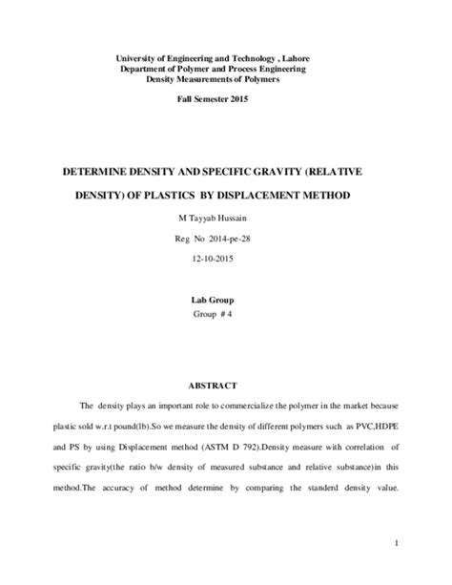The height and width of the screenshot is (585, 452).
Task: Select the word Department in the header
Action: click(x=146, y=70)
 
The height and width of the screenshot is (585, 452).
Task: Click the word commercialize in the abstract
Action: click(x=245, y=380)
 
